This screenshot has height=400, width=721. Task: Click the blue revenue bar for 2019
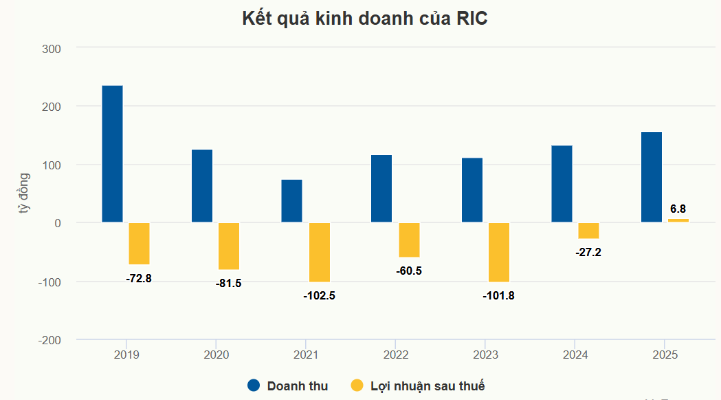(112, 154)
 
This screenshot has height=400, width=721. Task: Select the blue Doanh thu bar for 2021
(291, 201)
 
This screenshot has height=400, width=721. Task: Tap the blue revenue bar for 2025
(652, 177)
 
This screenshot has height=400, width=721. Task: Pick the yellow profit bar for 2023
(499, 252)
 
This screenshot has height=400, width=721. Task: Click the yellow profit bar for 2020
(229, 246)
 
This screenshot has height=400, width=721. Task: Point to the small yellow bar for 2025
(678, 220)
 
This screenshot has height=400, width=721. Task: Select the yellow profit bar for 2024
(588, 231)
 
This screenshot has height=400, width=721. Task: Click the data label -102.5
(319, 296)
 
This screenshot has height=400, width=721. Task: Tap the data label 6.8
(678, 209)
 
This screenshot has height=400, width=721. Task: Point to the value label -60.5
(409, 271)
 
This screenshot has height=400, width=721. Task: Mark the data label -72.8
(139, 278)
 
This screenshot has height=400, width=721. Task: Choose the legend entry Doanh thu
(288, 386)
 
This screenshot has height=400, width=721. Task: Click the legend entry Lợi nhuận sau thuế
(418, 386)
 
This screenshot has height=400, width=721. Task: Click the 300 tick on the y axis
(51, 48)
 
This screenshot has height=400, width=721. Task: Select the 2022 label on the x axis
(395, 355)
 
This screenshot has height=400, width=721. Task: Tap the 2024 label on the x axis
(575, 355)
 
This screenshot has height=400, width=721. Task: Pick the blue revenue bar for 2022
(381, 189)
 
